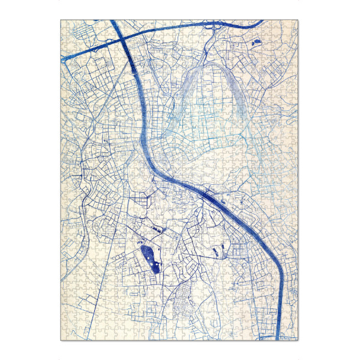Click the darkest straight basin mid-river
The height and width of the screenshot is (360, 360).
click(211, 196)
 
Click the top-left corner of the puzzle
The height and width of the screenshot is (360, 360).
click(61, 20)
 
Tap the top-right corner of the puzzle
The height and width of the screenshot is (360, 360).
click(298, 20)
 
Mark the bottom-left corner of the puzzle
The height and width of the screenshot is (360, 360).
click(61, 340)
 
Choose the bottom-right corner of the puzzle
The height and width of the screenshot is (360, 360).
click(298, 340)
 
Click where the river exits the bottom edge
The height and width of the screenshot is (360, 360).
click(281, 339)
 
